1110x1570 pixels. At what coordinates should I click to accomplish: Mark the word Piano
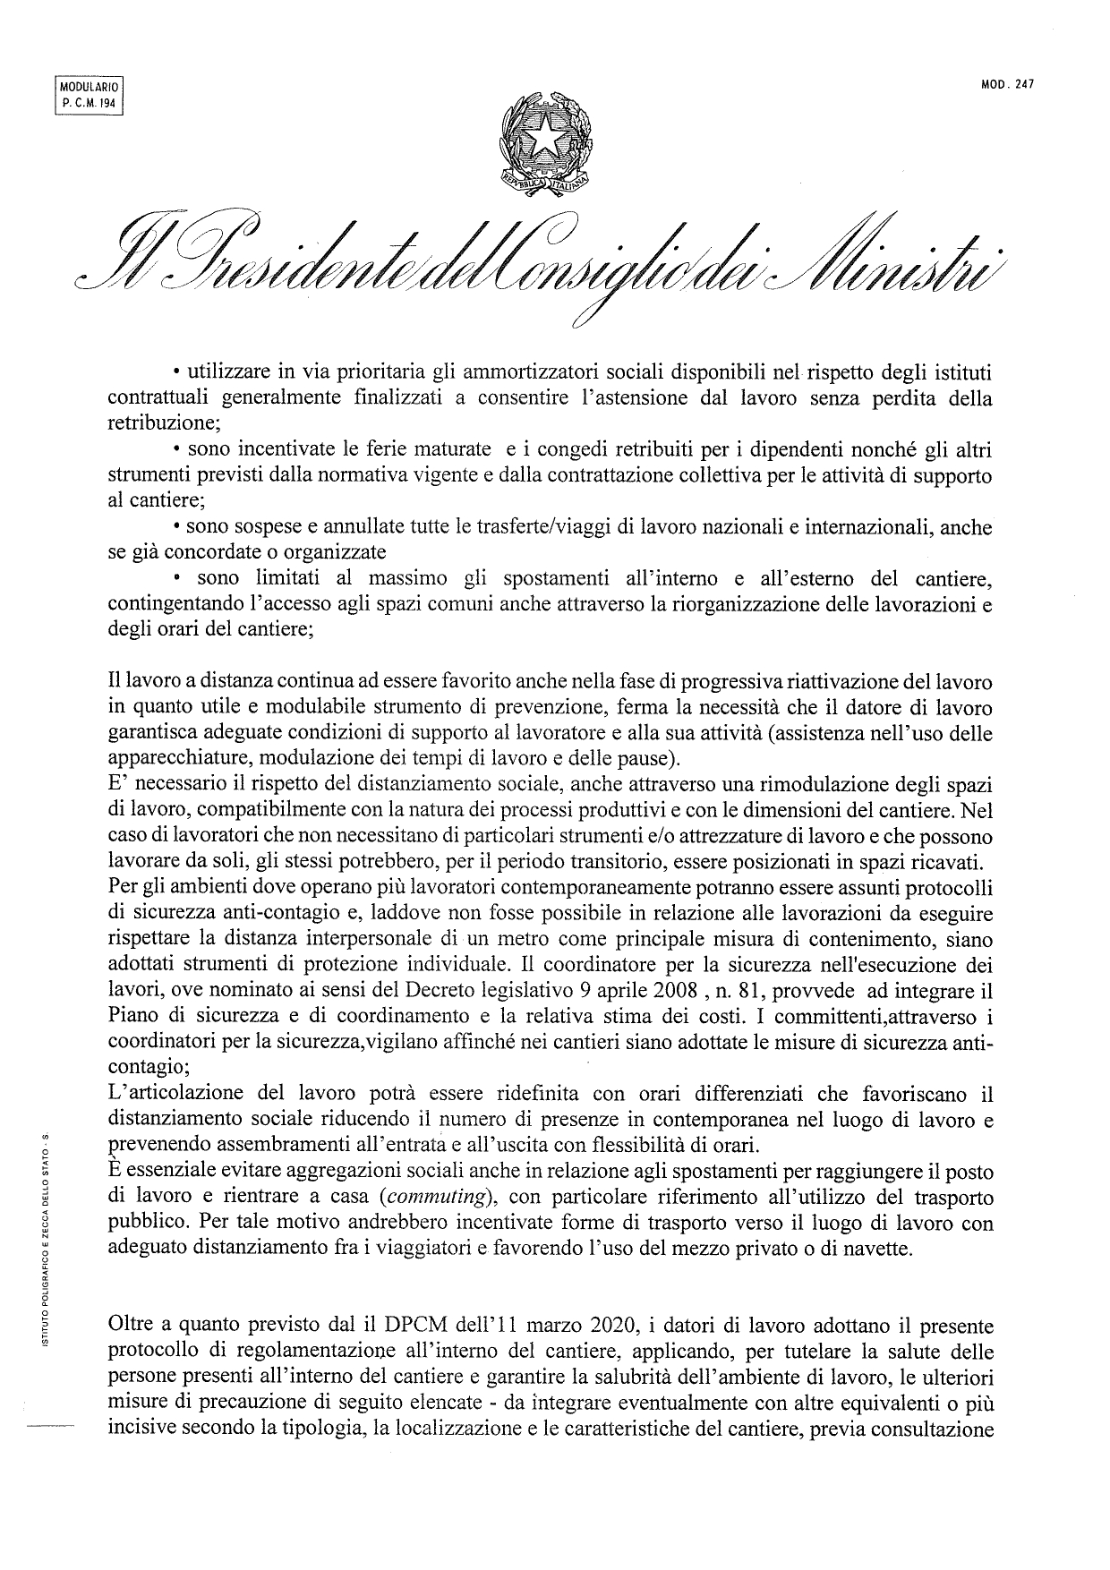click(x=132, y=1017)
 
